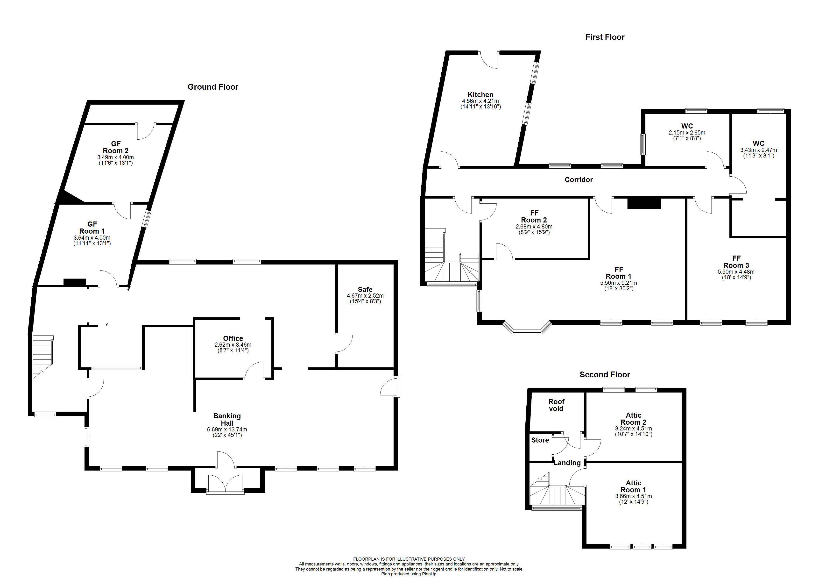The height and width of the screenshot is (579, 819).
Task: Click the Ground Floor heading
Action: point(213,87)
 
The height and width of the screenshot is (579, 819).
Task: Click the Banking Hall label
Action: point(227,419)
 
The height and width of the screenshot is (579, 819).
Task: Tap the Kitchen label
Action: point(480,95)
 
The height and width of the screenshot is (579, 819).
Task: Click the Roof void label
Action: point(556,405)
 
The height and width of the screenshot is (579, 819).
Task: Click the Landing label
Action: point(567,463)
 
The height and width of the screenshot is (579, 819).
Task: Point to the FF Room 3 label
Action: point(736,262)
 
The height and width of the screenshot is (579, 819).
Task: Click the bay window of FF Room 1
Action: point(527,329)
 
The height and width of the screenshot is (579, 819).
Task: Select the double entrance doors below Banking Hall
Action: point(226,485)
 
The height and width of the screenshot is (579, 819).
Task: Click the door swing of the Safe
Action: point(345,343)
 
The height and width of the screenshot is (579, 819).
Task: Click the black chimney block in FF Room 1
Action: point(644,203)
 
